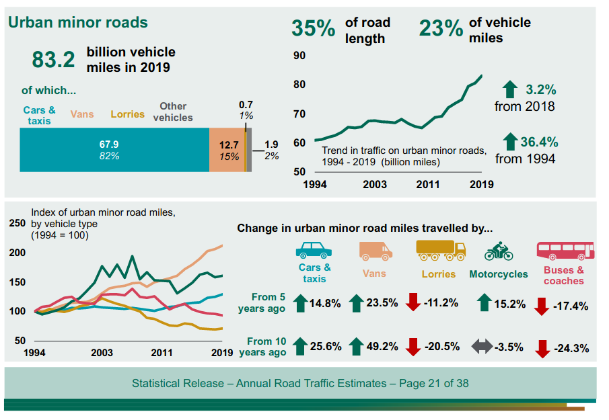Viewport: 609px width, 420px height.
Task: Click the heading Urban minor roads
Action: (x=77, y=22)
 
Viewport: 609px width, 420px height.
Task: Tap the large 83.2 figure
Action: (x=53, y=60)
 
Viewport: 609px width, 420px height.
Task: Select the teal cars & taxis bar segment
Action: (x=114, y=149)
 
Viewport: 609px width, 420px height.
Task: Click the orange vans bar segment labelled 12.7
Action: (x=228, y=149)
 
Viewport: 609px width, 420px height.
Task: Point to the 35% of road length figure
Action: (x=313, y=29)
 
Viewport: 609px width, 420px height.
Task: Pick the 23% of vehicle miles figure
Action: (x=441, y=29)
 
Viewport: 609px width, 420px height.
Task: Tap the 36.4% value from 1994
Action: (x=539, y=142)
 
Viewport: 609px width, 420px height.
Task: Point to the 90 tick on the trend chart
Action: (x=299, y=56)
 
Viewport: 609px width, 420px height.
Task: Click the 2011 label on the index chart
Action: (x=162, y=353)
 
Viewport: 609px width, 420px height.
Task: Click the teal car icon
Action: (x=314, y=251)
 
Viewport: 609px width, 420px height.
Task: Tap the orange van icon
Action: (x=375, y=251)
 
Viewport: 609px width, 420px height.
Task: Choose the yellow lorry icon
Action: (x=441, y=250)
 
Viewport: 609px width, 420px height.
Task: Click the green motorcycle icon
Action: (x=499, y=251)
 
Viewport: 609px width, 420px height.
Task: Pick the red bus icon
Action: (x=565, y=251)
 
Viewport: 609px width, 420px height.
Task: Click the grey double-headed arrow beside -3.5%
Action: (x=481, y=347)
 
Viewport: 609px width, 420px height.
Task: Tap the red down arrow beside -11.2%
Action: (x=413, y=302)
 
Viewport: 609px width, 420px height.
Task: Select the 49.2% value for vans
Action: (x=382, y=347)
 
